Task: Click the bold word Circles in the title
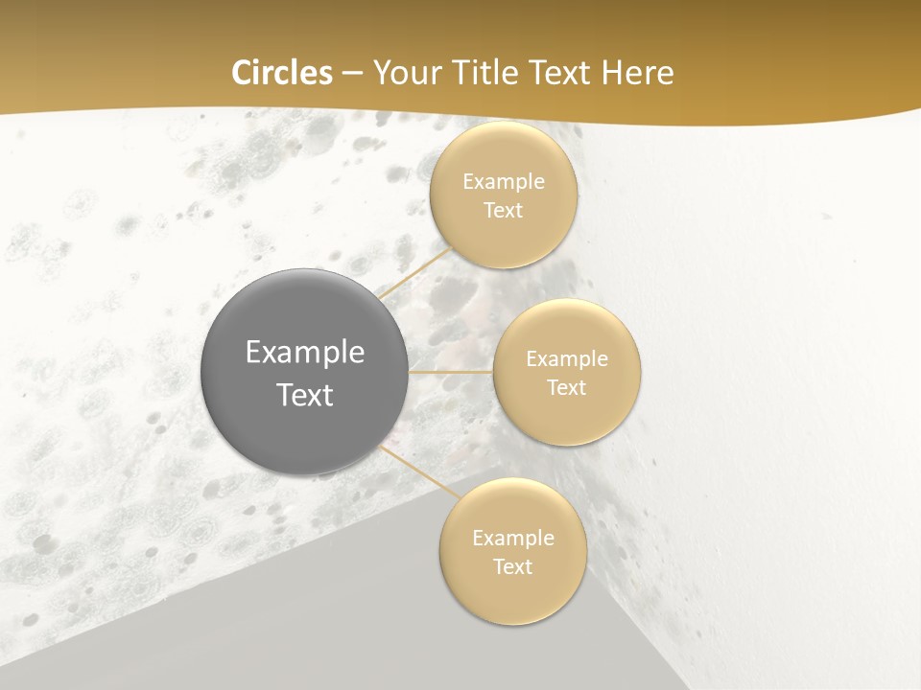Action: point(282,73)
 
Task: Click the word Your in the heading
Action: point(404,73)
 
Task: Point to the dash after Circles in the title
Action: point(352,74)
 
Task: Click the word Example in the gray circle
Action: point(305,353)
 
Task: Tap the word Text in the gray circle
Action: point(305,395)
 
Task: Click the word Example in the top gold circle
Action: point(504,182)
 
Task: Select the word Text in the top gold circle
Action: point(503,211)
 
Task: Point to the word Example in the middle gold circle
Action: point(567,359)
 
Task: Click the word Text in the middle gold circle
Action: point(566,388)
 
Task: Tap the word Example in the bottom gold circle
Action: point(513,539)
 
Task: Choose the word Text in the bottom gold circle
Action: point(512,567)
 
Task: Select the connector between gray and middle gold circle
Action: point(451,372)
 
